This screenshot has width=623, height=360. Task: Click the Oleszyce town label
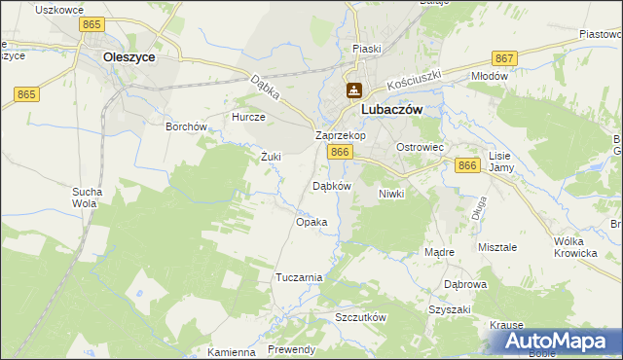point(129,57)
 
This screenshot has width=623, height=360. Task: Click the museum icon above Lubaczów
point(352,91)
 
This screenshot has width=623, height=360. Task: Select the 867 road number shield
point(504,58)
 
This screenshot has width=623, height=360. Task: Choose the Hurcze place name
point(248,117)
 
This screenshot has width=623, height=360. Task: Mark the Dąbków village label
point(330,185)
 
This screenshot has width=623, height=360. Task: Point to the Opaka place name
point(311,222)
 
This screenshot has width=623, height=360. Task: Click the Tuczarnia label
point(299,277)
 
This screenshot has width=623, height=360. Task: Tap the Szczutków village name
point(361,318)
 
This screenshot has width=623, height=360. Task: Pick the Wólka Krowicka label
point(574,246)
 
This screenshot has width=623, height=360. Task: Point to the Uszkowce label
point(56,9)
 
